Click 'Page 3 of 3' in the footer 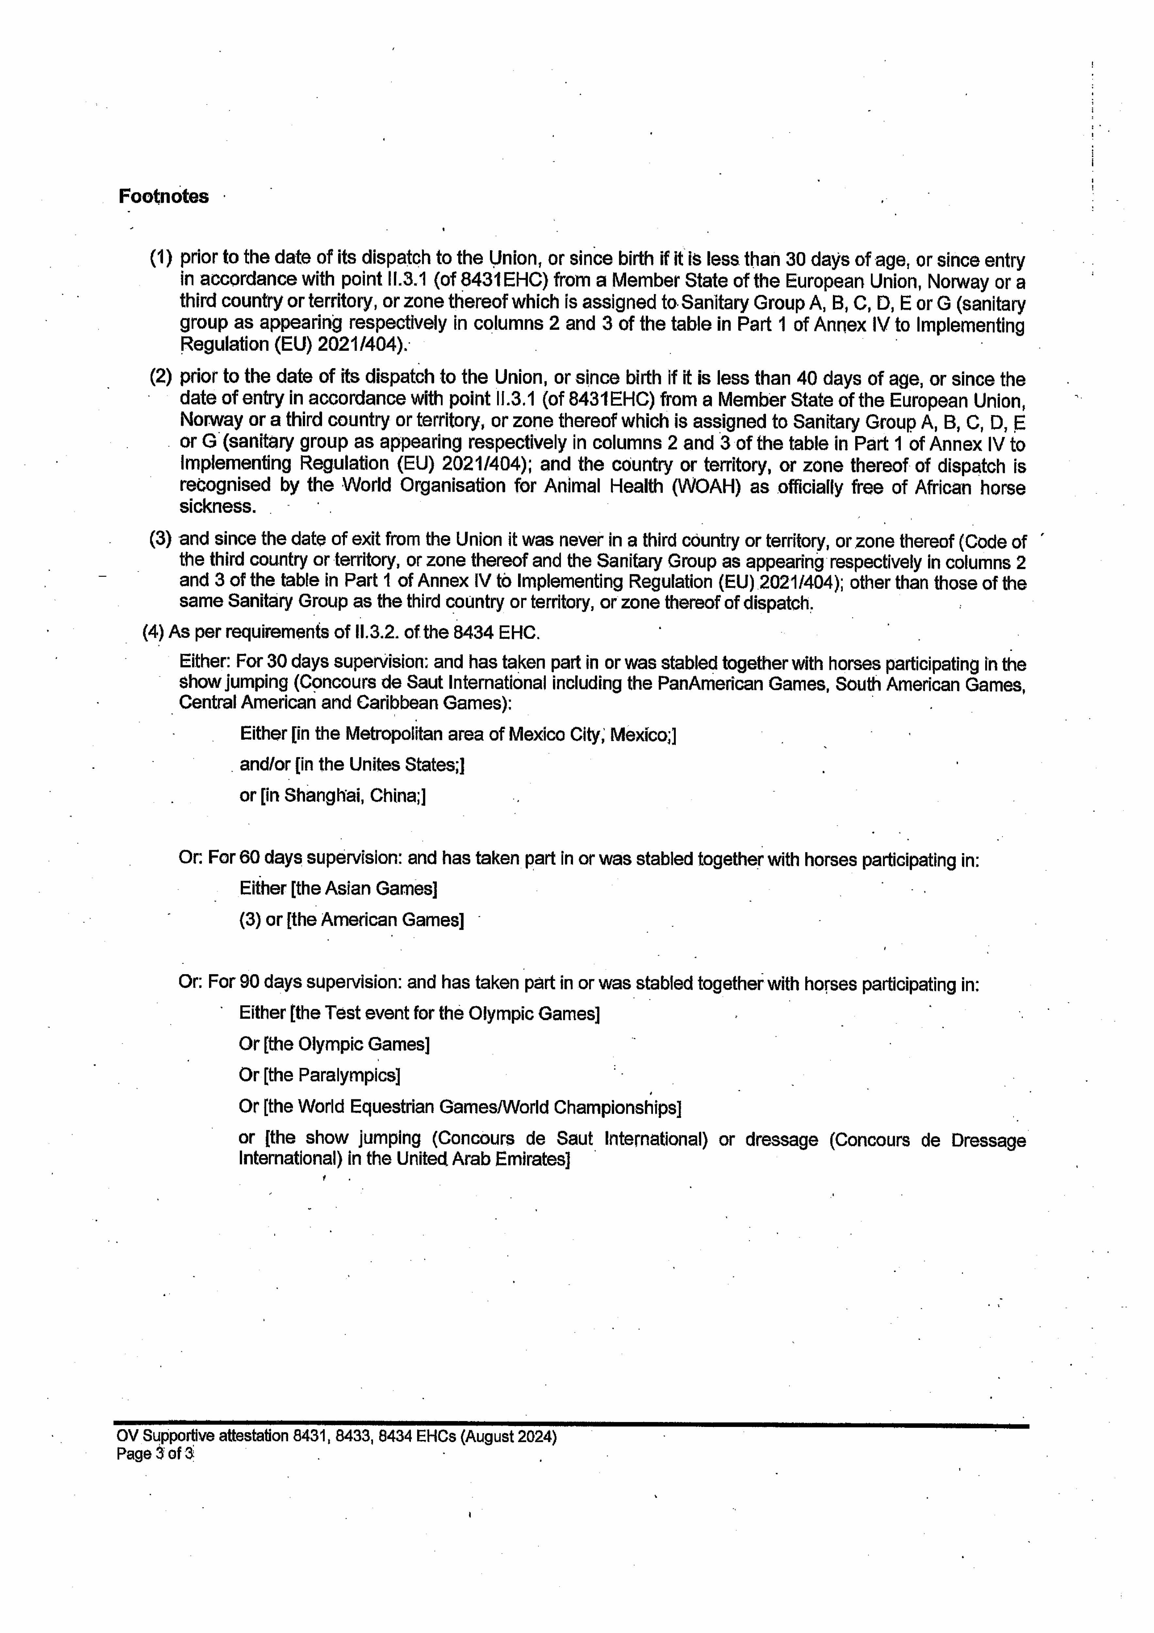coord(155,1454)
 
